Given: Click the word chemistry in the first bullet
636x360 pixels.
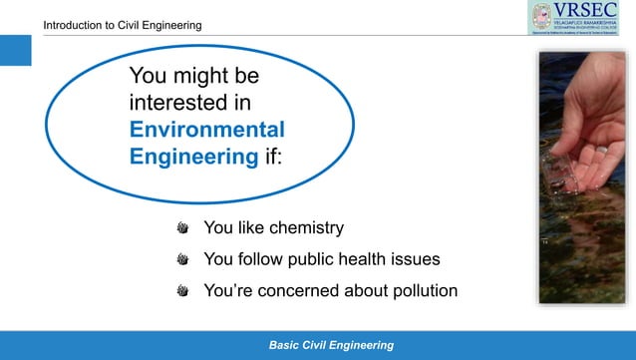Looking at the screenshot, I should tap(297, 228).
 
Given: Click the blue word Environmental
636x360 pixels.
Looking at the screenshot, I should tap(207, 130).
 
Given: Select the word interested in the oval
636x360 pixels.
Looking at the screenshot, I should tap(176, 103).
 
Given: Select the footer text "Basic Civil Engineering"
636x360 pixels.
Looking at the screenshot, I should tap(331, 345).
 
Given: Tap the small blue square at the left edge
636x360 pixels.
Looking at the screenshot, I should tap(15, 49).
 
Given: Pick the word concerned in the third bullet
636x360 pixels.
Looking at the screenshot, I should tap(309, 291).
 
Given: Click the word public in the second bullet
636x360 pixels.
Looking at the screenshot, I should tap(303, 259).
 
